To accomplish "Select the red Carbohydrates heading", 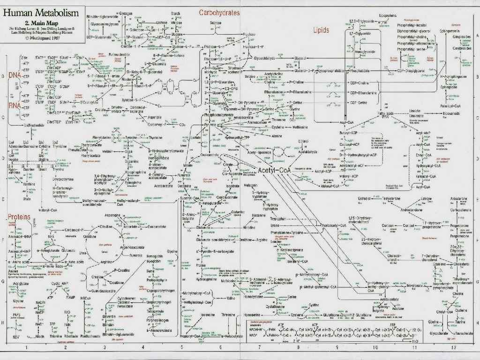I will (x=219, y=13).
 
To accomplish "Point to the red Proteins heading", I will (x=19, y=217).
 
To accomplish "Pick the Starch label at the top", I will (x=176, y=14).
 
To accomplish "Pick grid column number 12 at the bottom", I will (x=453, y=347).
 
